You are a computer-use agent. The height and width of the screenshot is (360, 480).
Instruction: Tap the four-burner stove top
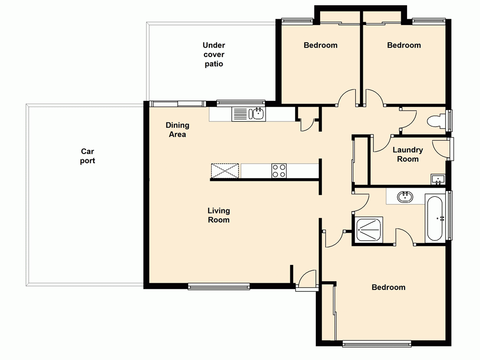click(279, 170)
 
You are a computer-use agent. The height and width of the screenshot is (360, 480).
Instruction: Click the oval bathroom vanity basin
click(406, 196)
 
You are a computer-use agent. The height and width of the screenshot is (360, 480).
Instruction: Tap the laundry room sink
click(438, 180)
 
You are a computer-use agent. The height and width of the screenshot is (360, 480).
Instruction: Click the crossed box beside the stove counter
click(225, 171)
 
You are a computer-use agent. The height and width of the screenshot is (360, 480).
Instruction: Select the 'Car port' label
click(87, 156)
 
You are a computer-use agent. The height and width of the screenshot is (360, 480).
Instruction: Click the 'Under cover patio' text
click(214, 54)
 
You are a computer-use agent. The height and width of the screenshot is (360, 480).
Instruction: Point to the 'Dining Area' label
click(177, 130)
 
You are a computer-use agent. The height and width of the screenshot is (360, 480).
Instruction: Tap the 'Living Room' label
click(218, 215)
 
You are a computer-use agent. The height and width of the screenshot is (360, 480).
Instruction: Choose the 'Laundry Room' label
click(408, 155)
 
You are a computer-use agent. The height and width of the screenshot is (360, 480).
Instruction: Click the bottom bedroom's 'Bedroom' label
click(388, 287)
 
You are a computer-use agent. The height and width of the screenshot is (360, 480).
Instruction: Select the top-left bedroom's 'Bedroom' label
click(320, 45)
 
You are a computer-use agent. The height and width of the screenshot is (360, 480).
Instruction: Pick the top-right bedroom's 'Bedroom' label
click(404, 45)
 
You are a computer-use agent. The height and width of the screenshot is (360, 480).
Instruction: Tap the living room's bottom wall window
click(219, 287)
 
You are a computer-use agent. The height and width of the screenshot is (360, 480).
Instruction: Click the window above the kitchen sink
click(240, 102)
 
